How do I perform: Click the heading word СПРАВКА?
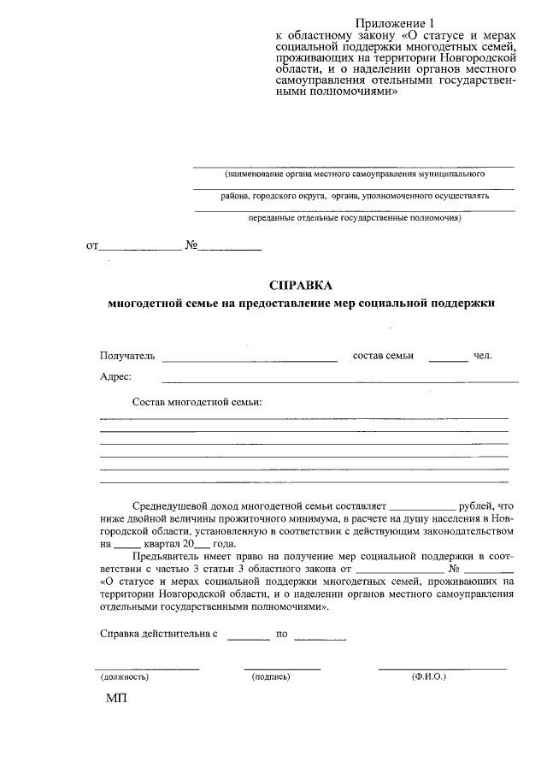[x=299, y=286]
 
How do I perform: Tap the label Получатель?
[x=126, y=355]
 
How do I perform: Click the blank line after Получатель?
[x=249, y=360]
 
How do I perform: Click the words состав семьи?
[x=383, y=355]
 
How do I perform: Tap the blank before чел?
[x=448, y=360]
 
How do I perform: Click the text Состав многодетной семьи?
[x=197, y=401]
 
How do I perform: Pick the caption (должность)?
[x=125, y=677]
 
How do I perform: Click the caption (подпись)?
[x=271, y=677]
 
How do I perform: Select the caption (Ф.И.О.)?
[x=428, y=677]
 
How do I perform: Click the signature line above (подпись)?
[x=282, y=667]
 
